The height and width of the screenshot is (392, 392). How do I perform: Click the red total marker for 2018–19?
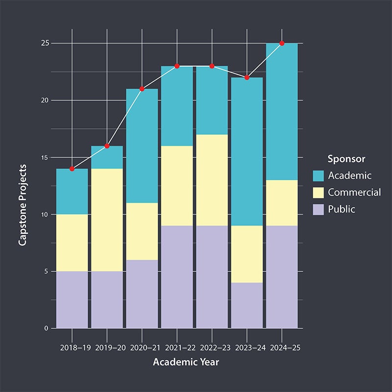[72, 169]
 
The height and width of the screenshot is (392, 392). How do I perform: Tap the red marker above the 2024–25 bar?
[282, 43]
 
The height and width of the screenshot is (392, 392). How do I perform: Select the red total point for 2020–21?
[142, 89]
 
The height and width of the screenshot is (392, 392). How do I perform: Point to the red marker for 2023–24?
[247, 77]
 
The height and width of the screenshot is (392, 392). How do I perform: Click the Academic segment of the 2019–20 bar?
[107, 157]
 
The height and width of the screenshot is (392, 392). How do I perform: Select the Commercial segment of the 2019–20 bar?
[107, 220]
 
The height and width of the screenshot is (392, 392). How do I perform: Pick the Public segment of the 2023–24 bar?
[247, 305]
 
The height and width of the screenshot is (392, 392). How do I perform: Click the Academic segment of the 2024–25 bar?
[282, 112]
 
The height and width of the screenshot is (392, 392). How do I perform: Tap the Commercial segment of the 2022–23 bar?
[212, 180]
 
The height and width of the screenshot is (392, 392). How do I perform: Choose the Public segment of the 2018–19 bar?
[72, 299]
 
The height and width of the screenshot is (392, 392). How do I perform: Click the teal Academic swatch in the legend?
[318, 175]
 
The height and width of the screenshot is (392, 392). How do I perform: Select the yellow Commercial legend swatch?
[318, 192]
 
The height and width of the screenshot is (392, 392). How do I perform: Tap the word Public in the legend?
[342, 209]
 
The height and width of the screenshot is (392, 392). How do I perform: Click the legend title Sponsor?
[346, 159]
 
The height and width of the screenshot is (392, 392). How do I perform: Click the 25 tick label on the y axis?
[45, 43]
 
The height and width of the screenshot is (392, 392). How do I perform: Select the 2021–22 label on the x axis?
[177, 347]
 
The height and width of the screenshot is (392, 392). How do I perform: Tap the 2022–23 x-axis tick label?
[212, 347]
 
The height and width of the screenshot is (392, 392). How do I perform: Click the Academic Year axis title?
[186, 363]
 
